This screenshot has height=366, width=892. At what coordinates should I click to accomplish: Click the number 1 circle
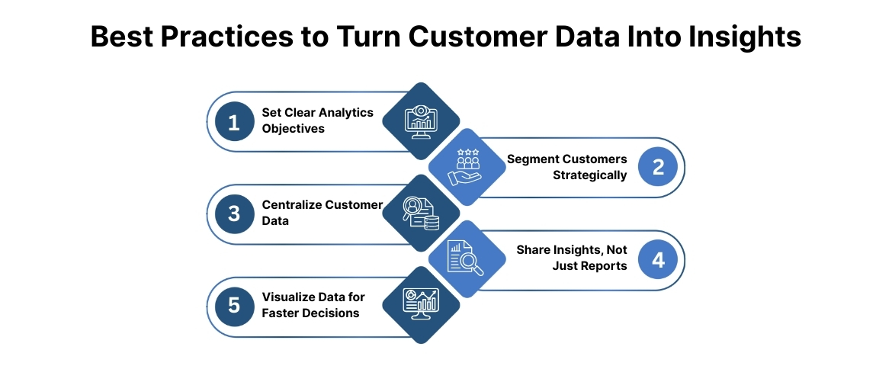[234, 122]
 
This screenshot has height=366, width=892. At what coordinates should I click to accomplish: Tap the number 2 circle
[658, 168]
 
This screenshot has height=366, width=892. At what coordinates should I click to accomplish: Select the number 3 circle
[234, 214]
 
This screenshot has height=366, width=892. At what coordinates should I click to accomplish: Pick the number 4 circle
[658, 260]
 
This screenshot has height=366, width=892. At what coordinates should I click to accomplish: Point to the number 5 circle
[234, 306]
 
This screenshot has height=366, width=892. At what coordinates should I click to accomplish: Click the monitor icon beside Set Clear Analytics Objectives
[421, 121]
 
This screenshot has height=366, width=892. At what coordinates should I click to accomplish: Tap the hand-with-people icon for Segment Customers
[467, 167]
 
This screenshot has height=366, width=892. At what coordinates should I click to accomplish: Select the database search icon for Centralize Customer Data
[421, 213]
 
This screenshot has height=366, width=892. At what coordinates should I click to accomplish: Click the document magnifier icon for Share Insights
[467, 258]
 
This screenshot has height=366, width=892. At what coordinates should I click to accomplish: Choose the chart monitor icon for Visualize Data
[421, 305]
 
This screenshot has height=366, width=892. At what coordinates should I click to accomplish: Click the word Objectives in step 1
[294, 129]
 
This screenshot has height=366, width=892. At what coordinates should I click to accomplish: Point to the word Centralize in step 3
[293, 205]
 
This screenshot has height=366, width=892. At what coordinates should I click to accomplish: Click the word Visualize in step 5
[288, 297]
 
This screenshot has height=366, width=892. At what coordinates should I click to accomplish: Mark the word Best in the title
[120, 37]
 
